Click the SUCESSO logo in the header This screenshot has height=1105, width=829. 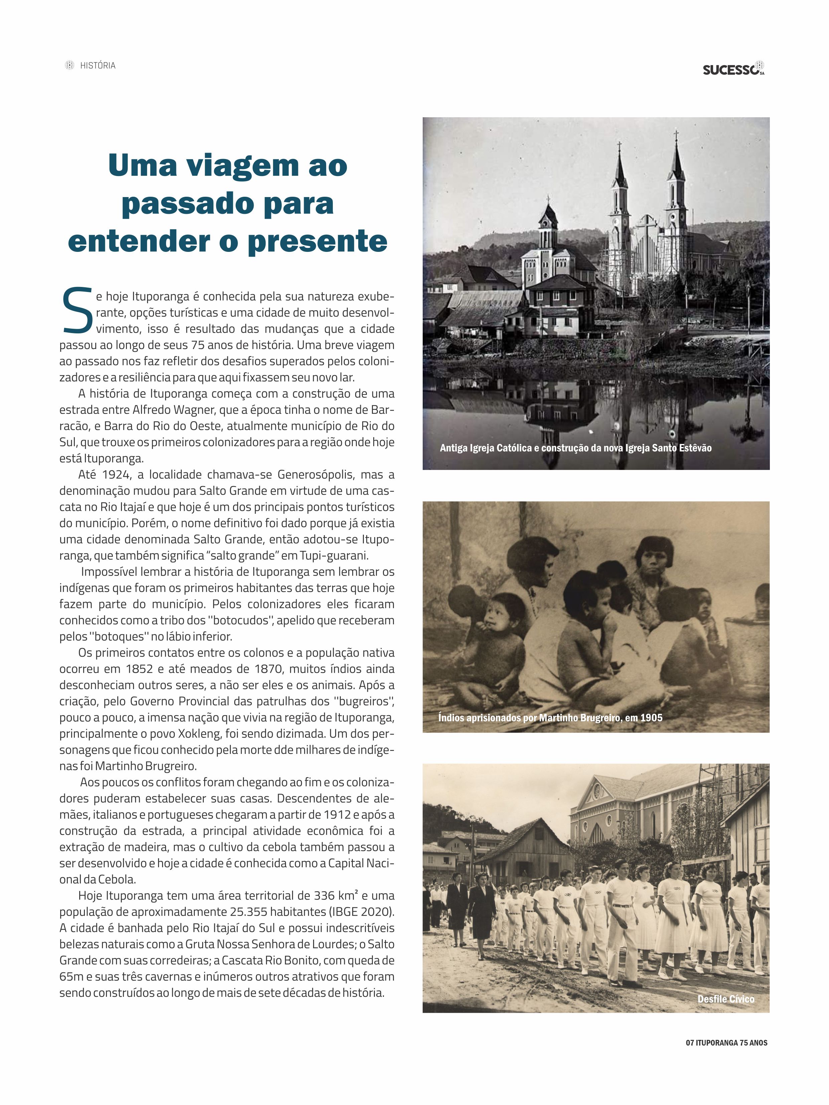coord(732,69)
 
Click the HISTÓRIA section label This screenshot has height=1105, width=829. coord(98,65)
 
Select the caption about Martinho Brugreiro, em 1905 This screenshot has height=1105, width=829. coord(550,718)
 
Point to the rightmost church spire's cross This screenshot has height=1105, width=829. coord(677,135)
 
